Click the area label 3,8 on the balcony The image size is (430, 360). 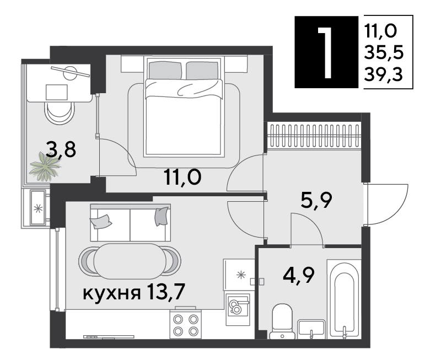[x=61, y=149]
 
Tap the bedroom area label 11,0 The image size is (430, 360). [x=182, y=177]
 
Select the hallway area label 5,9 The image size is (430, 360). [x=316, y=200]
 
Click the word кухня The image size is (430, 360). [x=111, y=293]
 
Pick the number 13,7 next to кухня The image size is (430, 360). [x=166, y=292]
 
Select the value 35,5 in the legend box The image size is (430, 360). [x=384, y=52]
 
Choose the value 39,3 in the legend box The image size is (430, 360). [x=383, y=74]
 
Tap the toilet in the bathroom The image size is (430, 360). [x=282, y=321]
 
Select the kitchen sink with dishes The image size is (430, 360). [x=238, y=310]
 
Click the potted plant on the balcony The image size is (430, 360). [x=45, y=166]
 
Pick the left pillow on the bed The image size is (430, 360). [x=165, y=70]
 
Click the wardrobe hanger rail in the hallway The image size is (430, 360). [x=314, y=136]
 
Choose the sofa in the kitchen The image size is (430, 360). [x=130, y=223]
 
